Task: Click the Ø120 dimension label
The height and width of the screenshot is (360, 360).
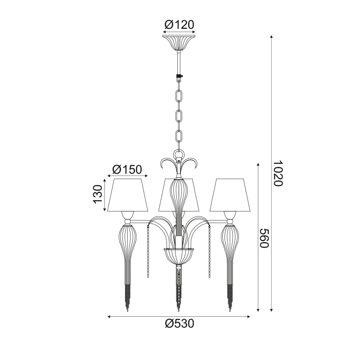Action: pos(179,25)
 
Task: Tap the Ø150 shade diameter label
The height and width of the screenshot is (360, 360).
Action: pos(127,170)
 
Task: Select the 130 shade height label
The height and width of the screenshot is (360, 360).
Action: pos(98,194)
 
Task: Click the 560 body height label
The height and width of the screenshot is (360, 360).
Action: pos(264,238)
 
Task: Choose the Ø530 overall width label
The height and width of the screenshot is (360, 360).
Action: pos(180,324)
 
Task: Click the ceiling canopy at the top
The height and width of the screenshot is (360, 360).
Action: pos(179,43)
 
